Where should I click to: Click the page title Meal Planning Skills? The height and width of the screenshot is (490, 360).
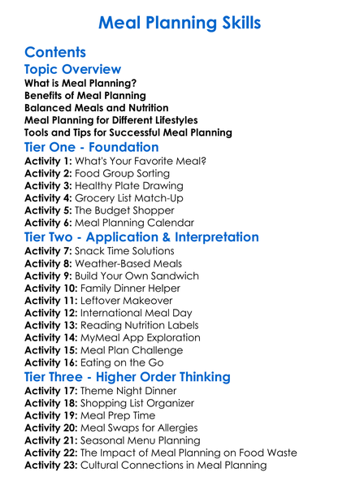[180, 22]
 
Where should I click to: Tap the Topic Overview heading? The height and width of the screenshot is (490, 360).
[72, 70]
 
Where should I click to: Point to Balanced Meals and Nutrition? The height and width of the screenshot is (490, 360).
[97, 107]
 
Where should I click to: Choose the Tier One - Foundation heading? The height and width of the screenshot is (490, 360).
[92, 147]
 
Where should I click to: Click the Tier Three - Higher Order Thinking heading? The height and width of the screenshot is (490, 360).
[139, 377]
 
